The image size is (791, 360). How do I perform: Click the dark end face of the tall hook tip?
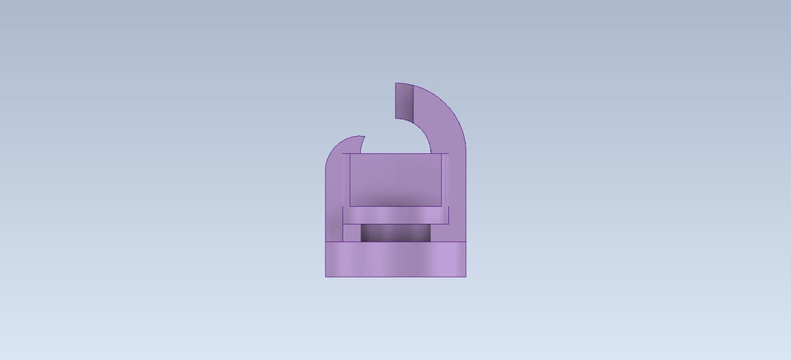(x=403, y=102)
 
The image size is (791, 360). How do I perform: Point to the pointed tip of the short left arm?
(x=363, y=137)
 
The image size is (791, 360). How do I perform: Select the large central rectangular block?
(x=395, y=180)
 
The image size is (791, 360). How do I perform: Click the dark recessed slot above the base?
(x=395, y=233)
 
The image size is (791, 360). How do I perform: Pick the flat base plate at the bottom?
(x=395, y=259)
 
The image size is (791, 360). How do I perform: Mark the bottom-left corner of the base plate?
(x=326, y=276)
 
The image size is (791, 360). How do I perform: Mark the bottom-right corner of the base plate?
(x=466, y=276)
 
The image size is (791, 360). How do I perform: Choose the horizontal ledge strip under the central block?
(x=395, y=216)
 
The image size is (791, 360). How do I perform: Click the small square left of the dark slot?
(x=352, y=233)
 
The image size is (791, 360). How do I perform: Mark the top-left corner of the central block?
(x=350, y=155)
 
